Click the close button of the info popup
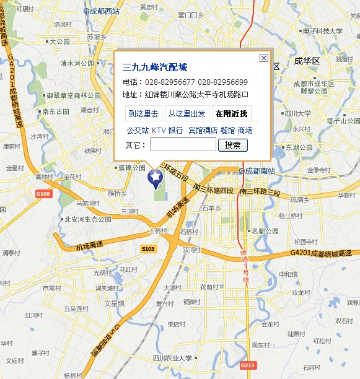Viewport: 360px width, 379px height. point(263,58)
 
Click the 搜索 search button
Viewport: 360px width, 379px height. point(232,145)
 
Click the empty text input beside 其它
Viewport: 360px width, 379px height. point(183,145)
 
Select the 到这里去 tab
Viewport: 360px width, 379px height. point(143,113)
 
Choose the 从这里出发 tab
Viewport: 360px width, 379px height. point(187,113)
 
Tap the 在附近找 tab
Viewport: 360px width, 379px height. point(230,113)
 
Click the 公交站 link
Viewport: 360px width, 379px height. point(138,131)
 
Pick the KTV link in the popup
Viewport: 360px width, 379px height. point(159,131)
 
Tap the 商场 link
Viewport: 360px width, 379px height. point(245,131)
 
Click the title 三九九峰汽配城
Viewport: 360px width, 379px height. point(155,68)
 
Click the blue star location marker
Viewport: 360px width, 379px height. point(154,178)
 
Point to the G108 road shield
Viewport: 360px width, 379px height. point(43,194)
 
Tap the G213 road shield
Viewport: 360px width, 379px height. point(248,365)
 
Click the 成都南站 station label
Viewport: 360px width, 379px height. point(258,170)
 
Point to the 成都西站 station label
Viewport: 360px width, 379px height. point(104,11)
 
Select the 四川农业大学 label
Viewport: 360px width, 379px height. point(172,358)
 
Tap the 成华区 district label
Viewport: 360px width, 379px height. point(306,61)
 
